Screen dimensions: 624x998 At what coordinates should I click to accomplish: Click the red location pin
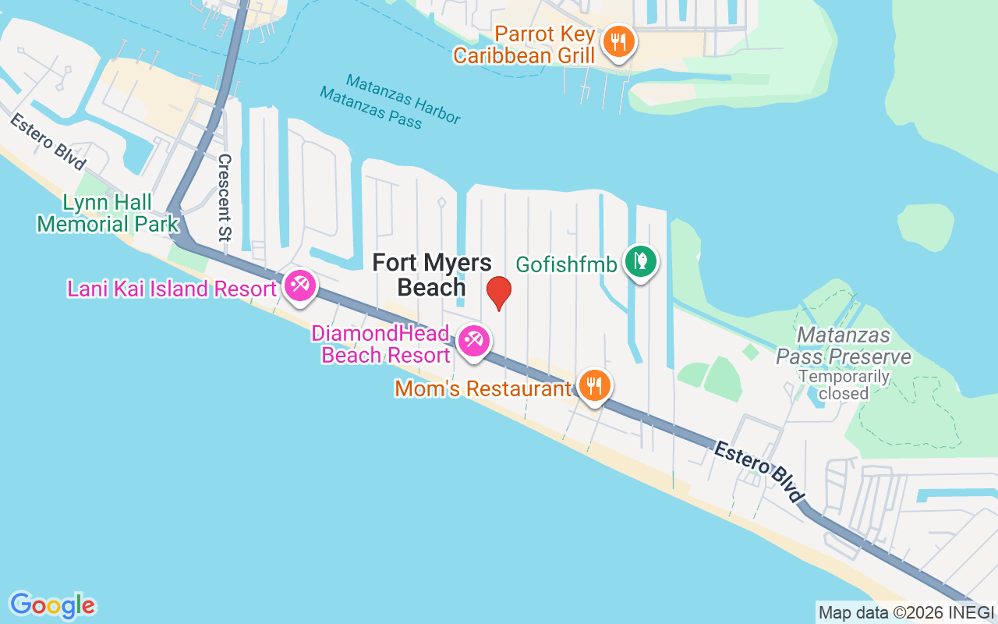(x=499, y=293)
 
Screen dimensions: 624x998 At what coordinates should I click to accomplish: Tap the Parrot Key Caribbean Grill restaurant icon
(x=619, y=41)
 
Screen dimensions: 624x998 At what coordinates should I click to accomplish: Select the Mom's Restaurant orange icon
(x=594, y=385)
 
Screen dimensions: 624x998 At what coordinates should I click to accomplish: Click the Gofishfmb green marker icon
(x=641, y=261)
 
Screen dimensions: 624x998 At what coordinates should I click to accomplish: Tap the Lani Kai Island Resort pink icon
(x=299, y=285)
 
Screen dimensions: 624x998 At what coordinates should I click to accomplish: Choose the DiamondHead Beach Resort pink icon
(x=472, y=341)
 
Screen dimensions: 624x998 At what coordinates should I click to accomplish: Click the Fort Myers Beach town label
(x=432, y=275)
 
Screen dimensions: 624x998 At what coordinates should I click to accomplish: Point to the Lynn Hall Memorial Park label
(x=108, y=214)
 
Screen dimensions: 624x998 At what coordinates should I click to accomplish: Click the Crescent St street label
(x=225, y=197)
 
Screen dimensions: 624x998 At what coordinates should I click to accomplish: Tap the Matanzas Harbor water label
(x=403, y=98)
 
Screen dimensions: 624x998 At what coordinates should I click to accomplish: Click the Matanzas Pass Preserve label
(x=844, y=346)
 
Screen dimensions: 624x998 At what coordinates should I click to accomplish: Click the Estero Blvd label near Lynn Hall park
(x=48, y=141)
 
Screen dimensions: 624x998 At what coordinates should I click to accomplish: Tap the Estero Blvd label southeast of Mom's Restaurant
(x=759, y=471)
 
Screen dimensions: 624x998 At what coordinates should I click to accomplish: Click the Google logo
(x=52, y=605)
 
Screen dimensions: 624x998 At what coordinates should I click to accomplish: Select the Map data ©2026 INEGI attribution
(x=906, y=613)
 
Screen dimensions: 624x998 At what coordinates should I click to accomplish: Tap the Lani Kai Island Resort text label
(x=172, y=289)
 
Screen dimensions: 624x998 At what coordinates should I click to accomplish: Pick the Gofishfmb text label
(x=566, y=264)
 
